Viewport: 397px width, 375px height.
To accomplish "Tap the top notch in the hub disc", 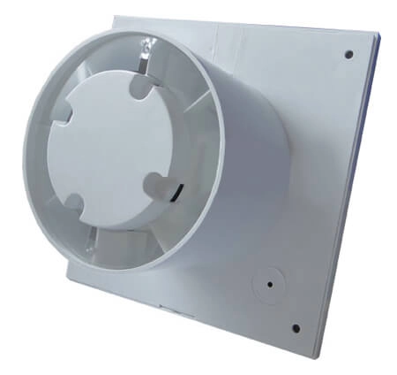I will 139,85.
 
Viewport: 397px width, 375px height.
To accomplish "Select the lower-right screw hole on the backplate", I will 296,327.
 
